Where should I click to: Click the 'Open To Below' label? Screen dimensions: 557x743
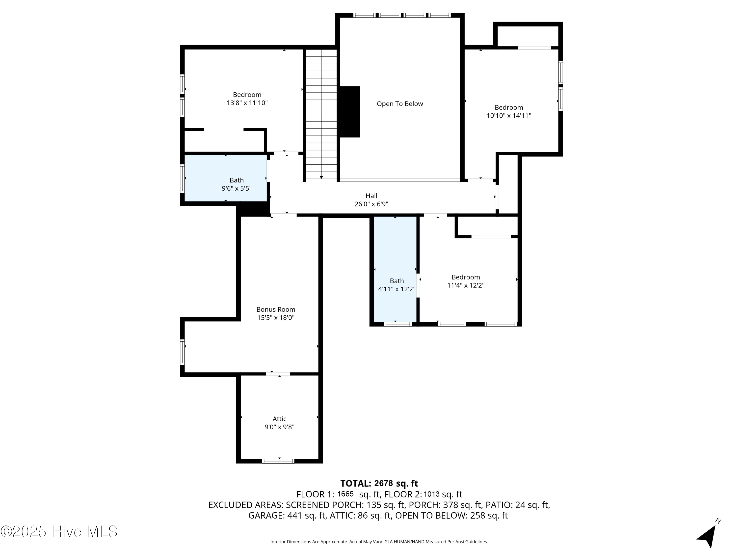[400, 104]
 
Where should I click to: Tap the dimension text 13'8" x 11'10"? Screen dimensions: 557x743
[247, 103]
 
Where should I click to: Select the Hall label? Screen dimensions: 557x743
[371, 196]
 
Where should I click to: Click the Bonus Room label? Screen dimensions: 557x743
[275, 309]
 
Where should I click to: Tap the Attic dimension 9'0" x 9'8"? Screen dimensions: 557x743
[279, 427]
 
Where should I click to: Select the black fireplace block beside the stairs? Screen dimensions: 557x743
[349, 112]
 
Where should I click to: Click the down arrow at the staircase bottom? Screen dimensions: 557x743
[321, 177]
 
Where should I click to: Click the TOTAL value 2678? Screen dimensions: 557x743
[383, 483]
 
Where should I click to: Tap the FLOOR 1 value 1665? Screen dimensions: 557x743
[345, 494]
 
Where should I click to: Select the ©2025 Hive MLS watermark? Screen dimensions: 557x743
[59, 532]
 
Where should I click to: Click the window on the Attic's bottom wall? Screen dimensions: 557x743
[278, 461]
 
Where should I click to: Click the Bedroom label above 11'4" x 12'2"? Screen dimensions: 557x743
[466, 277]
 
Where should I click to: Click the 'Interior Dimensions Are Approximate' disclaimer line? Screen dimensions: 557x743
[379, 542]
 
